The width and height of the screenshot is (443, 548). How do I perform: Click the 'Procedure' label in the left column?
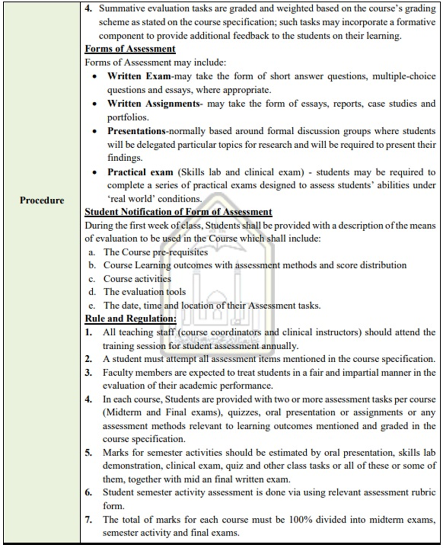pos(42,201)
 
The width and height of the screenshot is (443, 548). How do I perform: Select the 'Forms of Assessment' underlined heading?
pos(130,48)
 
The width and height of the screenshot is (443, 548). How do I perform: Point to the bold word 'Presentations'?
pos(136,131)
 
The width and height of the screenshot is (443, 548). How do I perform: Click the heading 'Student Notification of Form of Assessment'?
pos(178,212)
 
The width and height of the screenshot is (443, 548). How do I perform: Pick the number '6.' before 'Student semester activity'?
pos(89,493)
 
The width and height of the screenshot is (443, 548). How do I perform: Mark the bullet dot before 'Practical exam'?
pos(95,172)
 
